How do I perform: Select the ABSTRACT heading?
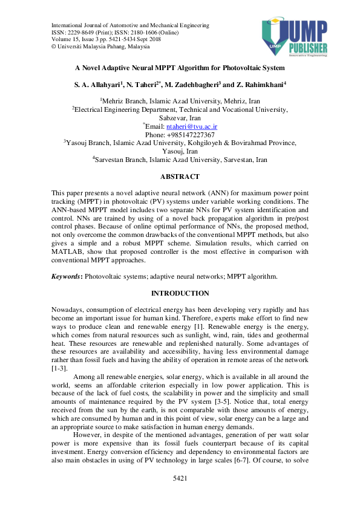(x=180, y=177)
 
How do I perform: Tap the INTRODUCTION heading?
(x=180, y=293)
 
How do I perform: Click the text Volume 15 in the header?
(x=65, y=39)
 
